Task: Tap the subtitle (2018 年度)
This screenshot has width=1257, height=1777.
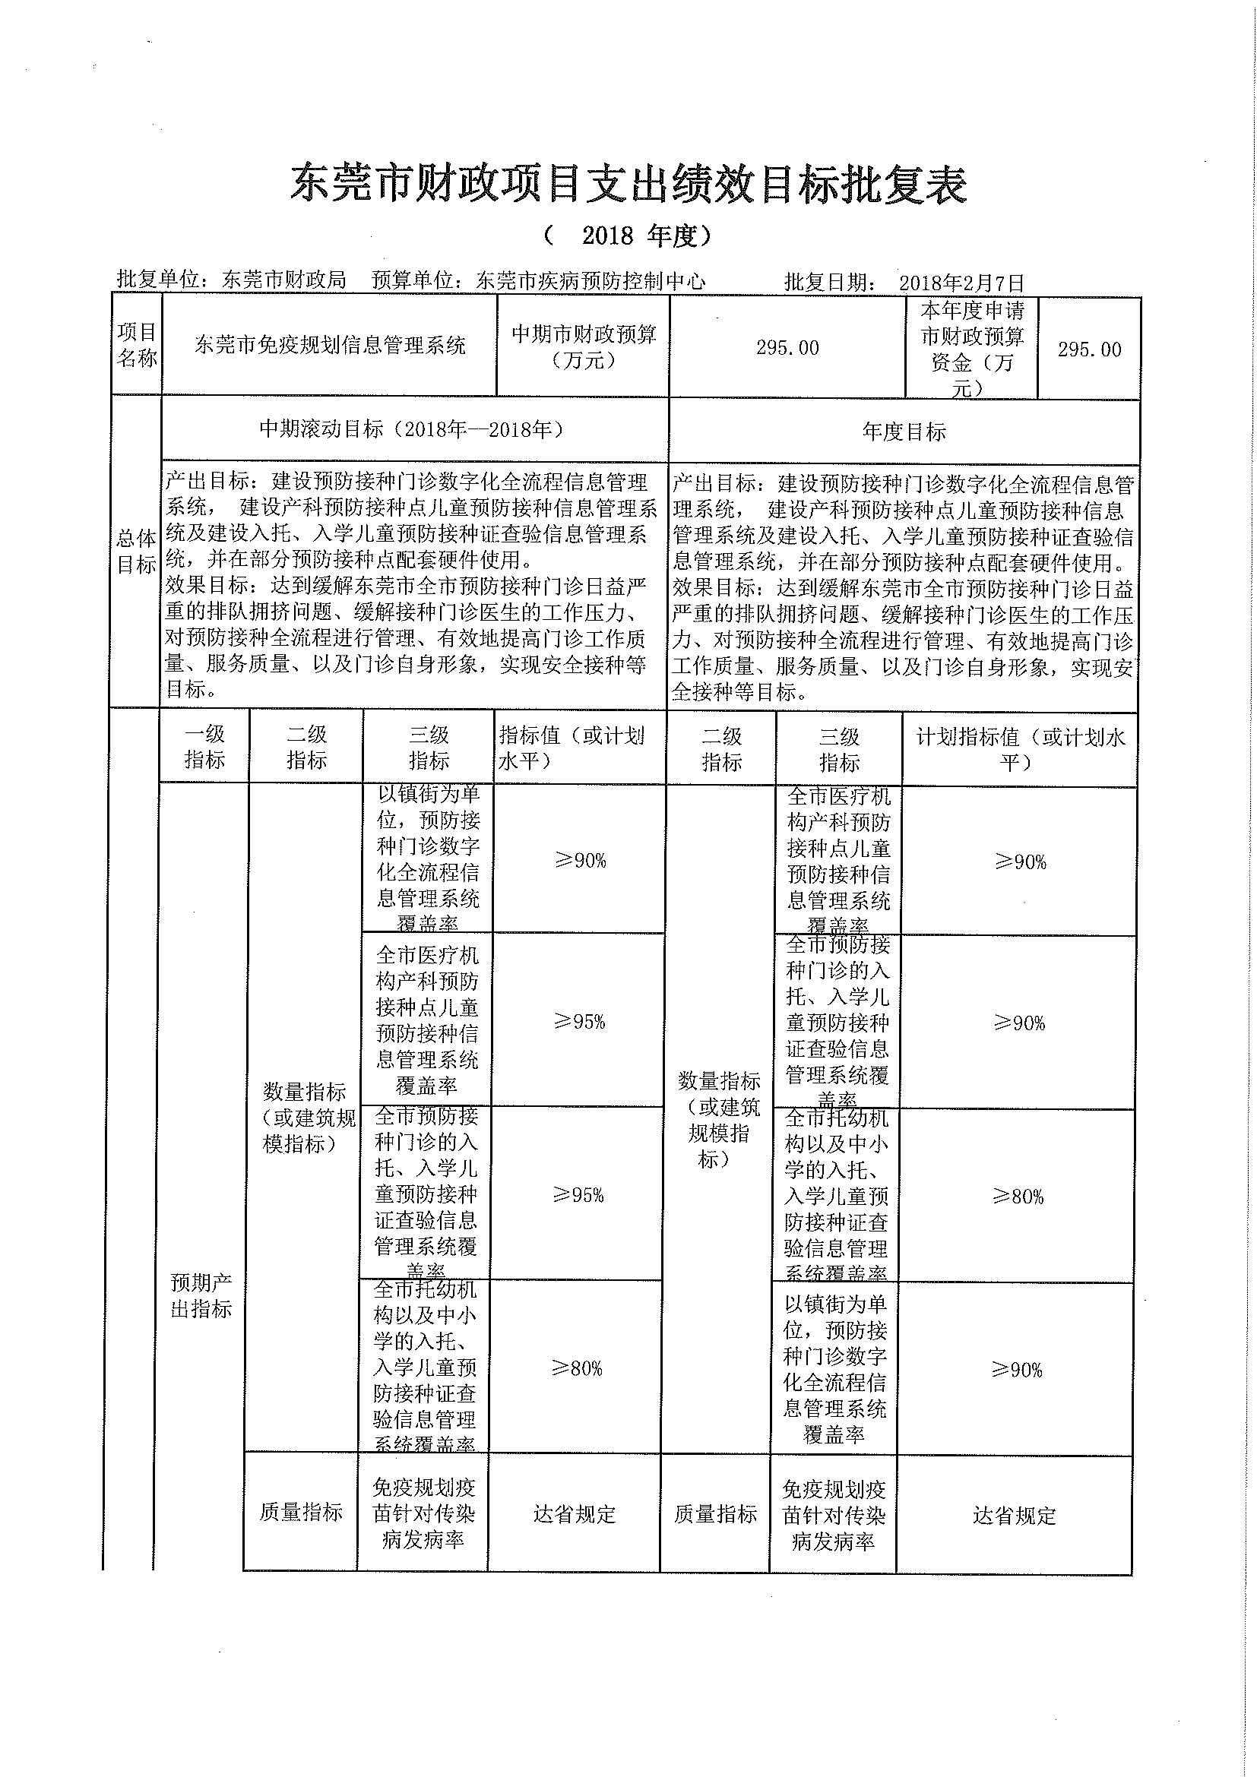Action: pyautogui.click(x=628, y=236)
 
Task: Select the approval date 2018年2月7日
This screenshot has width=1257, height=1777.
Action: pyautogui.click(x=961, y=282)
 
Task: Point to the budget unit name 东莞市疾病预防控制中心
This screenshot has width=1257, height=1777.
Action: pyautogui.click(x=591, y=281)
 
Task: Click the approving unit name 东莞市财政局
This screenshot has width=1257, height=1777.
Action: pyautogui.click(x=283, y=280)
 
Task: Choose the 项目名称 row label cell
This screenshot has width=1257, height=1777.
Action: pyautogui.click(x=137, y=345)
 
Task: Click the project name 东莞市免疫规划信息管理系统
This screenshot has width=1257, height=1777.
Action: pyautogui.click(x=330, y=345)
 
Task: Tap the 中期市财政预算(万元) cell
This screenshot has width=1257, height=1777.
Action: pyautogui.click(x=584, y=346)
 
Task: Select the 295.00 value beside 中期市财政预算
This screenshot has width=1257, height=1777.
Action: pyautogui.click(x=787, y=348)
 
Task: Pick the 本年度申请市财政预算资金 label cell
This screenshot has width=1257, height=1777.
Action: pyautogui.click(x=972, y=348)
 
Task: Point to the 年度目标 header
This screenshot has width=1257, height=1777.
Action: pyautogui.click(x=904, y=432)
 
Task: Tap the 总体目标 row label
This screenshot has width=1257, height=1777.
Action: pyautogui.click(x=136, y=551)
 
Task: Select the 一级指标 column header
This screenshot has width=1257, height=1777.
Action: pyautogui.click(x=204, y=748)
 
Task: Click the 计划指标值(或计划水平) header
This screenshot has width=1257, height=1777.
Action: pyautogui.click(x=1019, y=749)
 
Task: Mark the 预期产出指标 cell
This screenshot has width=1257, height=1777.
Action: pyautogui.click(x=201, y=1295)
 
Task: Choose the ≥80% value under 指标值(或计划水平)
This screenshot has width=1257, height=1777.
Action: pyautogui.click(x=578, y=1368)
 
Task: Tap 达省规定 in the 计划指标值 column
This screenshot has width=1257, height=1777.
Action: pyautogui.click(x=1014, y=1516)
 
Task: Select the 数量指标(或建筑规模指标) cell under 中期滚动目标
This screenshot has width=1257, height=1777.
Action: pyautogui.click(x=308, y=1118)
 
